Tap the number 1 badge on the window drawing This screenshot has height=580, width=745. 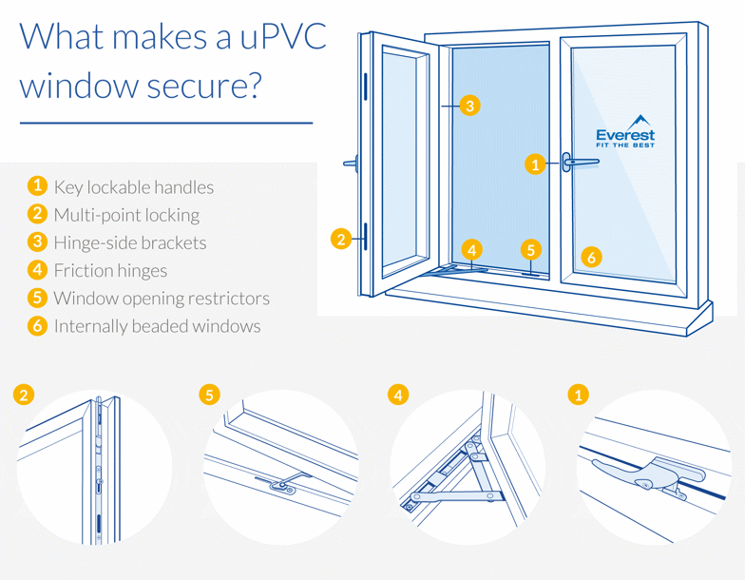tap(535, 164)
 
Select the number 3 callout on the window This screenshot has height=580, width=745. tap(469, 106)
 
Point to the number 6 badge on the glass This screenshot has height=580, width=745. tap(590, 257)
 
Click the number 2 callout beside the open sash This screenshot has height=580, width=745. tap(341, 240)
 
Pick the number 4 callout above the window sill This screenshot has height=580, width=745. tap(472, 250)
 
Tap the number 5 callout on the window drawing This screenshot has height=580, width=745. tap(530, 250)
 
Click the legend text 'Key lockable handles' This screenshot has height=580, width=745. tap(133, 187)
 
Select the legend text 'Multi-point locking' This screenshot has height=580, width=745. tap(126, 215)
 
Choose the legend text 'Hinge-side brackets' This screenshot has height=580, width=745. tap(129, 242)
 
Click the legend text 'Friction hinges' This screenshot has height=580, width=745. tap(110, 271)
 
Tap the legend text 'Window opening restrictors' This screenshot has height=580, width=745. tap(162, 299)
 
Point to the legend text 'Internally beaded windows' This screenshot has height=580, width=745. tap(157, 326)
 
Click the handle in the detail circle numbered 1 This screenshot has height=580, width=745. tap(646, 473)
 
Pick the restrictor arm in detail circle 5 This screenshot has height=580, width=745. tap(282, 483)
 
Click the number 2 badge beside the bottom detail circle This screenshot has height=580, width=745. tap(23, 394)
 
